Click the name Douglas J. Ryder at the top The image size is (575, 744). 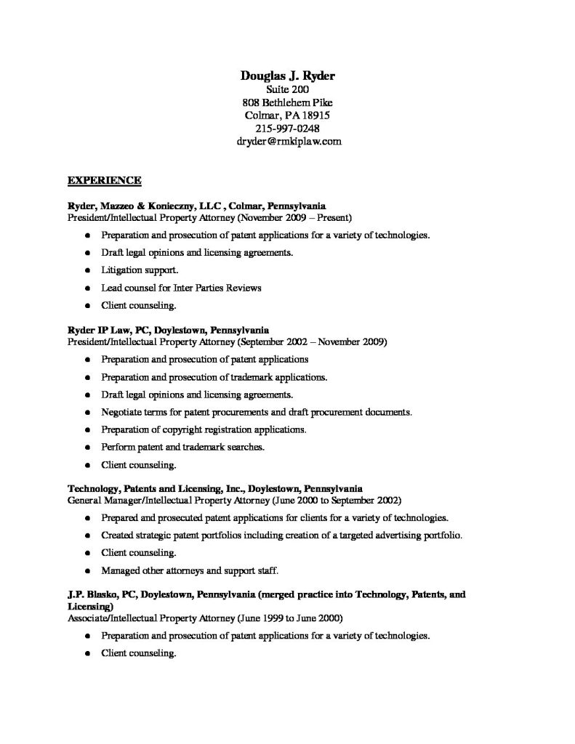(x=288, y=76)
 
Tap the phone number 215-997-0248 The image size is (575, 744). (x=288, y=129)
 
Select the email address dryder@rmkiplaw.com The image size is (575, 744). (x=289, y=142)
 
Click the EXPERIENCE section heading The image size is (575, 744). (x=104, y=179)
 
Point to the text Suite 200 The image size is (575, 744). (x=288, y=89)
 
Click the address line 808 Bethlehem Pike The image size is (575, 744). (x=288, y=102)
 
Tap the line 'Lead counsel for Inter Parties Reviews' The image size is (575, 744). (x=181, y=288)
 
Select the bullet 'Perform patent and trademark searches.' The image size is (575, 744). (x=183, y=447)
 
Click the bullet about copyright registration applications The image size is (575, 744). (x=204, y=429)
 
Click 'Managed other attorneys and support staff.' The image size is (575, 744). (x=190, y=570)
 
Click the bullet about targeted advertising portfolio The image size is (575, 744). (x=282, y=535)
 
